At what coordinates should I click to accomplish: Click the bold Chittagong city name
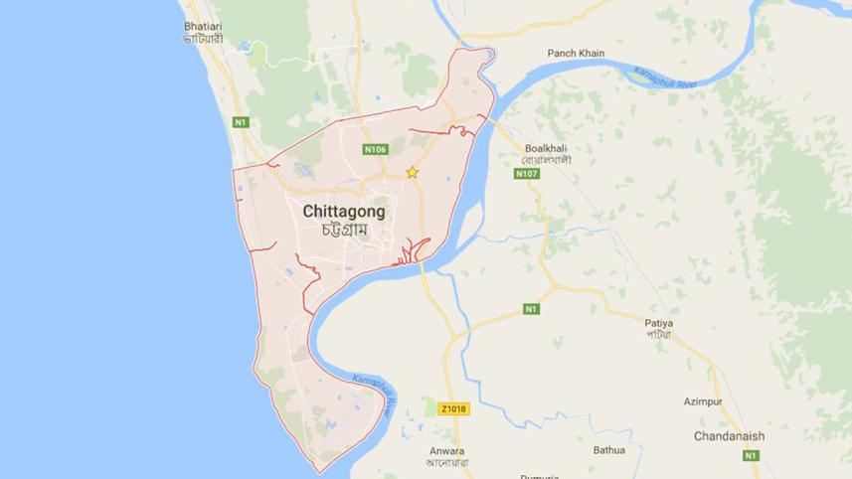tap(343, 211)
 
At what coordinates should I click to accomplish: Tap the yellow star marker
tap(412, 173)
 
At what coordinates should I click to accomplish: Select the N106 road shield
tap(375, 150)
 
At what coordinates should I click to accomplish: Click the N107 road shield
tap(526, 174)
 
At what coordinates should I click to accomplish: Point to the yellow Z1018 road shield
tap(452, 408)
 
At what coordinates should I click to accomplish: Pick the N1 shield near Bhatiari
tap(240, 122)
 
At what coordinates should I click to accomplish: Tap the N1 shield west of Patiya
tap(531, 309)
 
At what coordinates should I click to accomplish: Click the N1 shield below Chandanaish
tap(751, 455)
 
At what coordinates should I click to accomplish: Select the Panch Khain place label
tap(576, 53)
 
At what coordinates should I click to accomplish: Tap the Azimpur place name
tap(703, 401)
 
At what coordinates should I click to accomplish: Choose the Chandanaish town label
tap(729, 436)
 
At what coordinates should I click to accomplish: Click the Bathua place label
tap(609, 449)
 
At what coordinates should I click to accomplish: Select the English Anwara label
tap(445, 448)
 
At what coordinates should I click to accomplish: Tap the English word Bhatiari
tap(203, 24)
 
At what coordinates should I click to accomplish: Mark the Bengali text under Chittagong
tap(344, 230)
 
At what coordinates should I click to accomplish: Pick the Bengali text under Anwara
tap(445, 462)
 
